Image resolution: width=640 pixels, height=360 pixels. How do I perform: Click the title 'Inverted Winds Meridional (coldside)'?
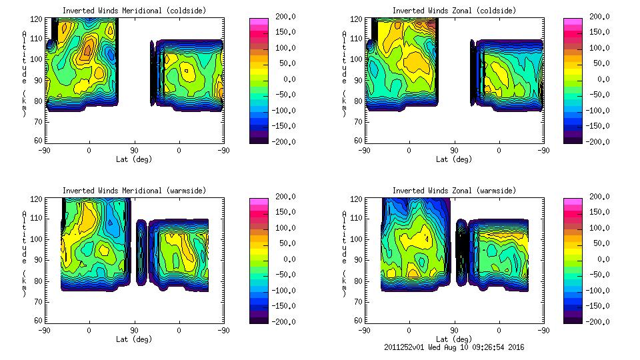coord(134,11)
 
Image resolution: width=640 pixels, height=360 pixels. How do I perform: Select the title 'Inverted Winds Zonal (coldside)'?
coord(454,11)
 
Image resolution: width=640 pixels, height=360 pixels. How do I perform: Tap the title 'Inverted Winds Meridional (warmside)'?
coord(134,191)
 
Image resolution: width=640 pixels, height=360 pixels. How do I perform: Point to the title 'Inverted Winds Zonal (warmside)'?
coord(454,191)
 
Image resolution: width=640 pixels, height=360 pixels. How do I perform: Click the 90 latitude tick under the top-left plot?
coord(134,150)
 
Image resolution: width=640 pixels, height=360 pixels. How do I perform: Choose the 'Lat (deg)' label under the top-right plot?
coord(454,159)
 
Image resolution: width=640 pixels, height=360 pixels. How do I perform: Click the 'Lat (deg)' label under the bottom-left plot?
coord(134,339)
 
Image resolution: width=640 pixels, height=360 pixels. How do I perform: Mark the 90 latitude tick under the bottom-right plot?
coord(454,330)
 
